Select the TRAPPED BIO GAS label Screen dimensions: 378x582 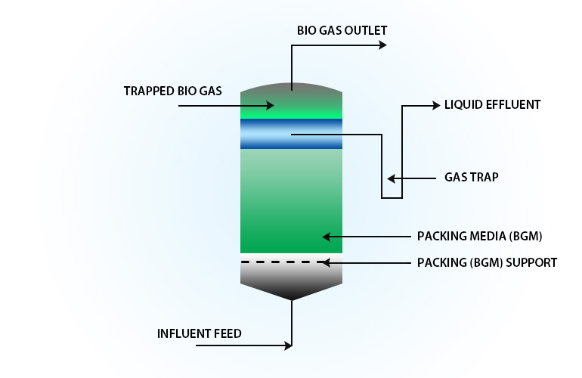point(172,91)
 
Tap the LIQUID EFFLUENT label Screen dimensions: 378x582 point(492,105)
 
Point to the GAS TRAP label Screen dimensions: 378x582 point(471,178)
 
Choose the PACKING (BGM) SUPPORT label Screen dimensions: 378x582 point(487,263)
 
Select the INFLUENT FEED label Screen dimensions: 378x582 point(200,333)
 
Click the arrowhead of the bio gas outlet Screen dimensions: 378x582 point(382,45)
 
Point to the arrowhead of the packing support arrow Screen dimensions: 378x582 point(324,263)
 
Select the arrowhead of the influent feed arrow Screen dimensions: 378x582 point(288,346)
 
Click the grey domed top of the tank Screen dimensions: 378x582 point(291,89)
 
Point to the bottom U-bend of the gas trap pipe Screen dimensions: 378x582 point(392,198)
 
